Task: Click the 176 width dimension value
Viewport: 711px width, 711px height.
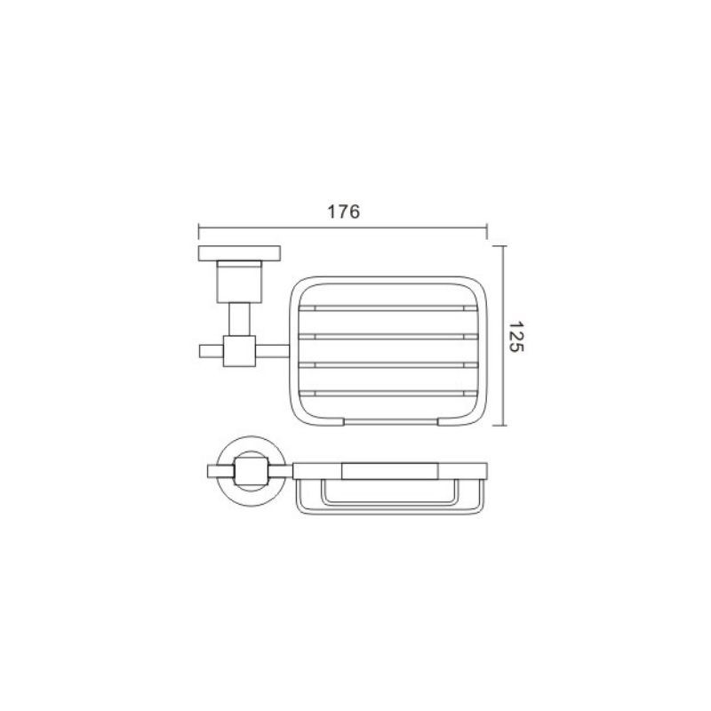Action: [x=343, y=212]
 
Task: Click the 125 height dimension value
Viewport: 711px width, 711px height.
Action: [x=515, y=337]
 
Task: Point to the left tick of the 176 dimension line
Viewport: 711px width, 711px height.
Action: [x=198, y=231]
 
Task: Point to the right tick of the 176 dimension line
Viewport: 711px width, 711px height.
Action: [x=487, y=231]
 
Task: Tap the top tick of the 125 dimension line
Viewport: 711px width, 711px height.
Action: [x=499, y=246]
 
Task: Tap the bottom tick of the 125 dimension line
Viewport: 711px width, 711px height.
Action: [x=499, y=426]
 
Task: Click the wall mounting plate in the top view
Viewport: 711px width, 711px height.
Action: [x=239, y=253]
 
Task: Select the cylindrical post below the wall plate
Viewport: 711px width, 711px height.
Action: [x=239, y=282]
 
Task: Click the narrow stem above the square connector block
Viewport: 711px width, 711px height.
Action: [x=239, y=319]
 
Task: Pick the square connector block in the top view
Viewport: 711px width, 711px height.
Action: [x=239, y=351]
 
